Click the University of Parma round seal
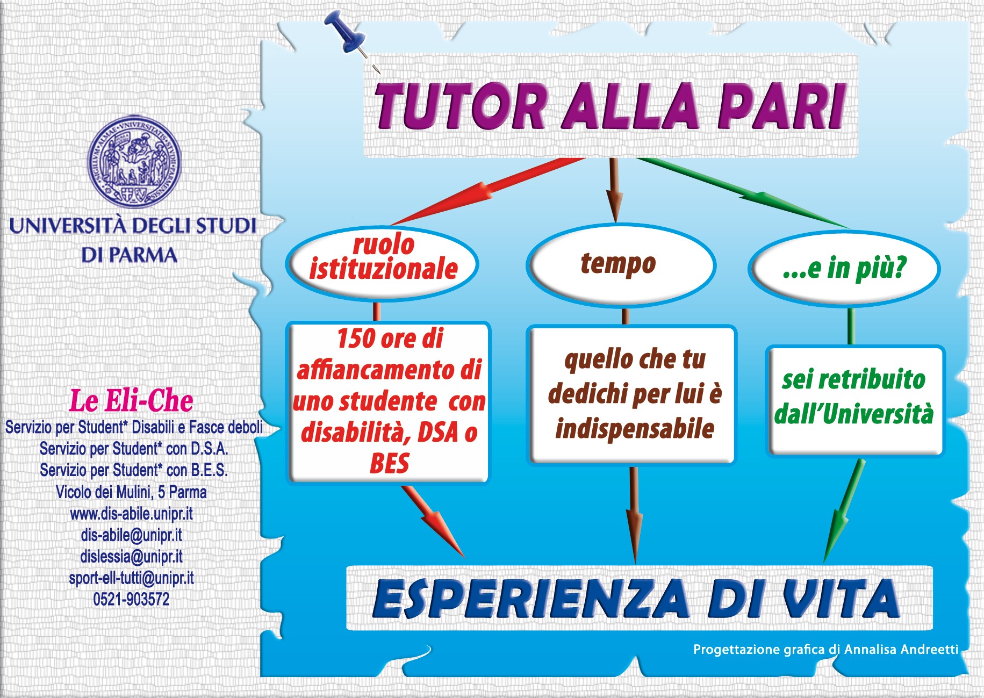134,162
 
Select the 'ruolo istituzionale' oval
382,263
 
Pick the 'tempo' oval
620,264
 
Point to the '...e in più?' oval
844,268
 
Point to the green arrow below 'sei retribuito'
844,510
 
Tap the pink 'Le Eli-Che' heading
131,401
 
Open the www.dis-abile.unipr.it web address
131,514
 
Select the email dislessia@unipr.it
131,557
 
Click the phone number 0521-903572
131,599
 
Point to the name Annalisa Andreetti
901,650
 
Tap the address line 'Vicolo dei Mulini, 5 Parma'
131,492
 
